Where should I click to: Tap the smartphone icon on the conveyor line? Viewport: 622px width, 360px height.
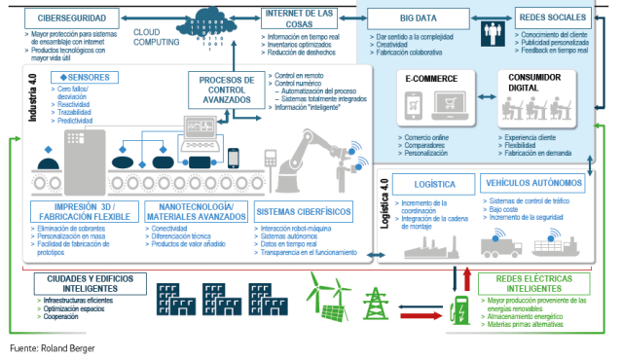tap(234, 157)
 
